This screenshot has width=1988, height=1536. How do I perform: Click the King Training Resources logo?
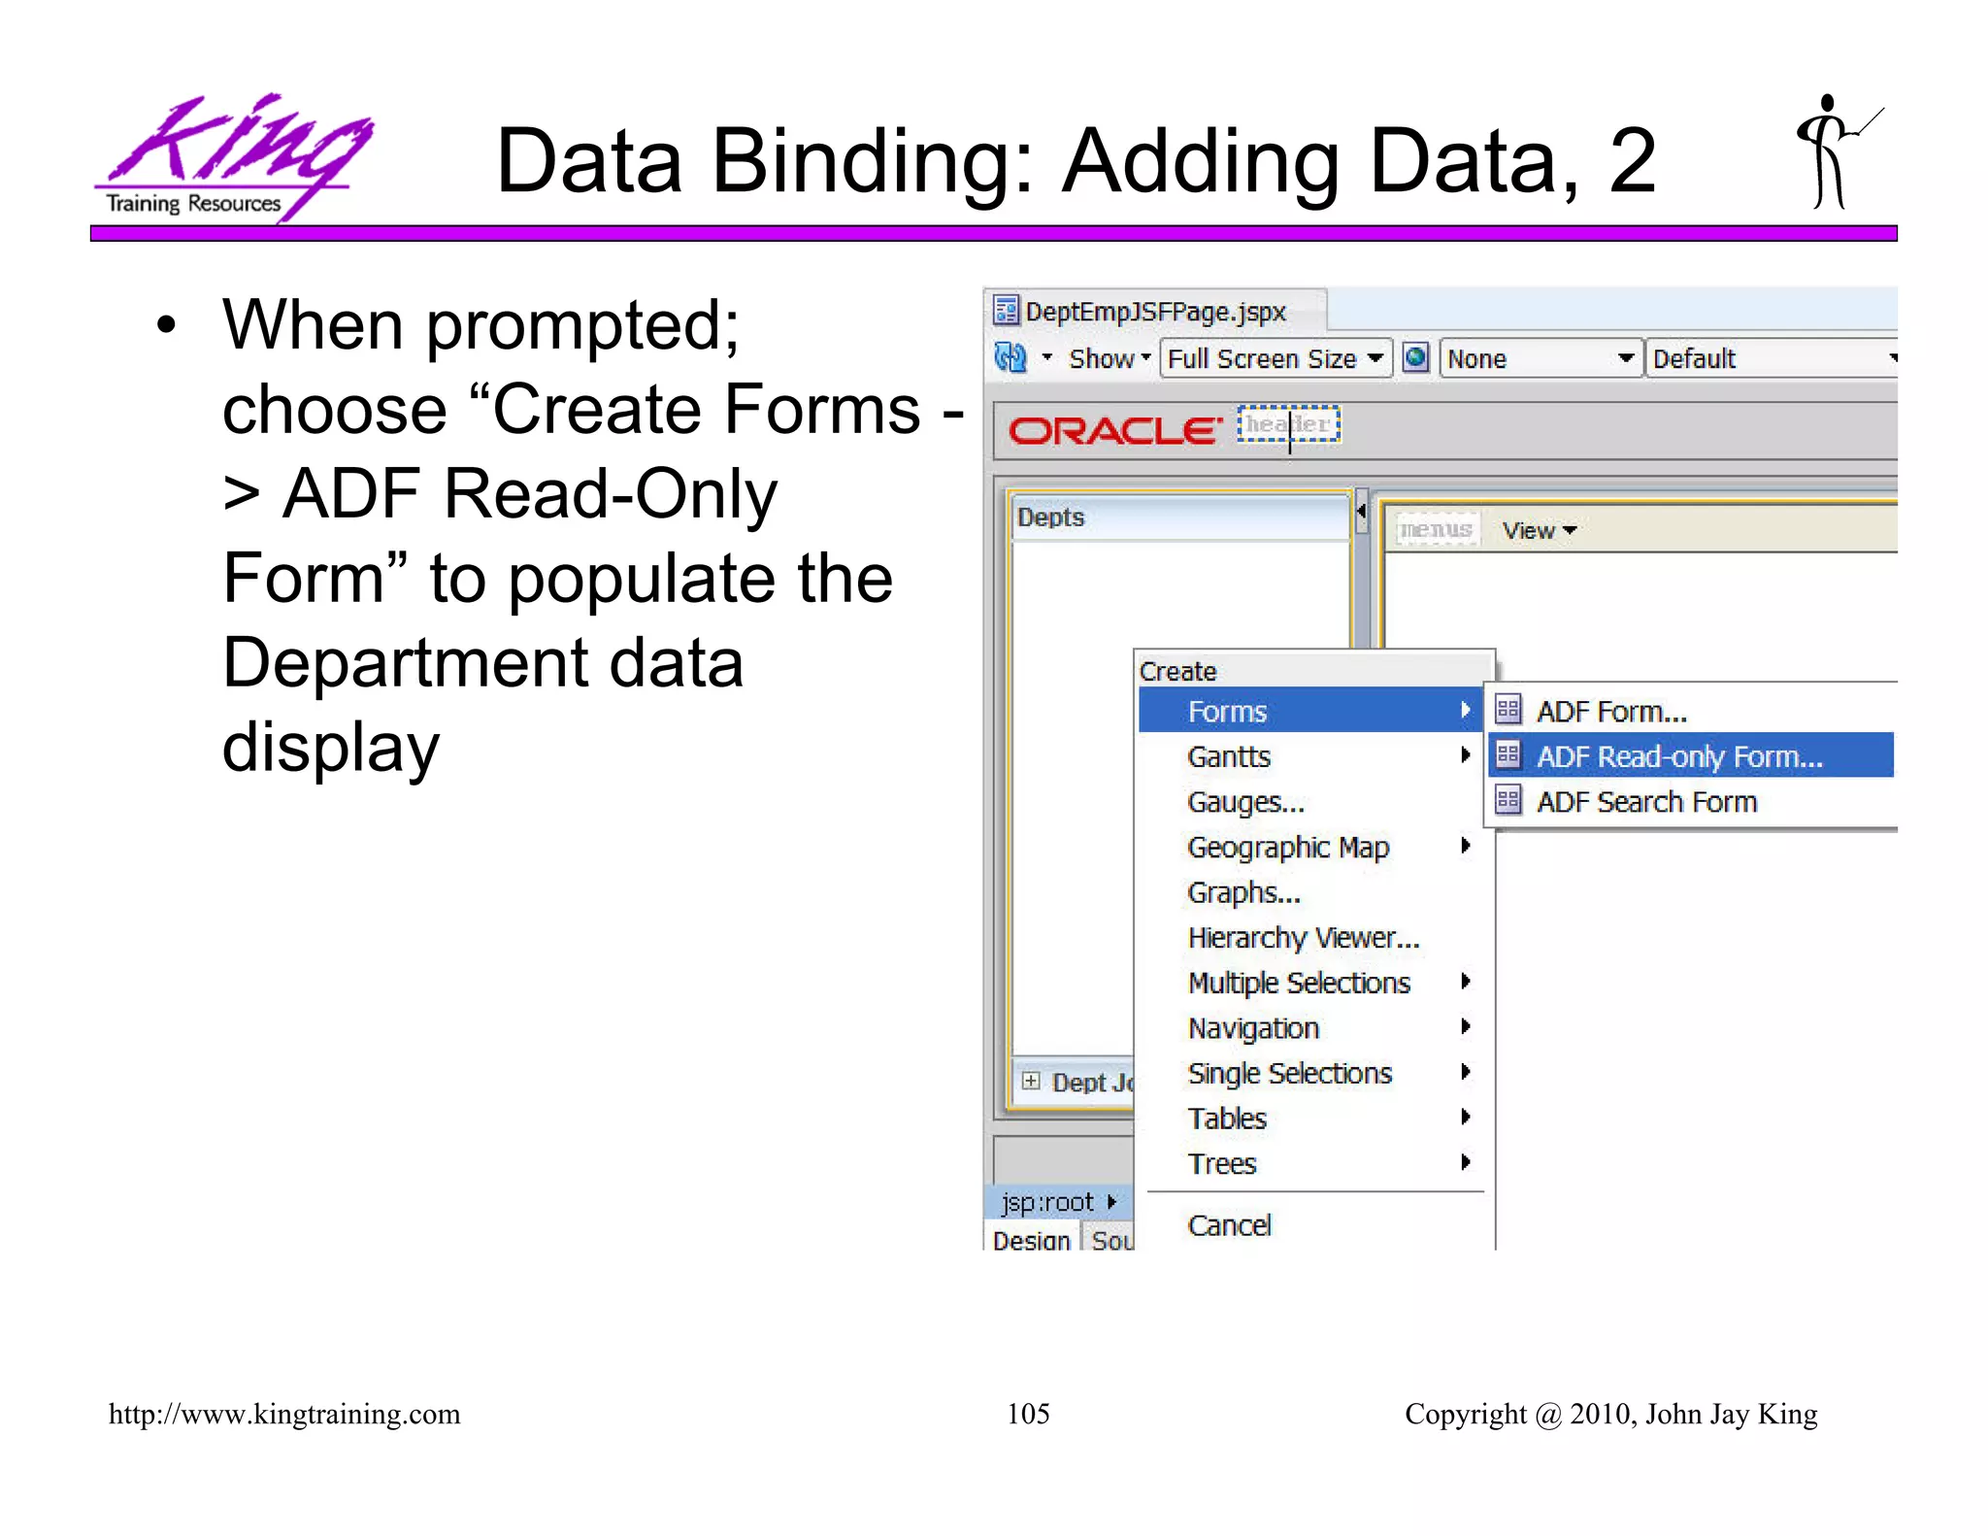tap(233, 155)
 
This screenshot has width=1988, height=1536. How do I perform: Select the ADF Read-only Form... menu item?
tap(1679, 756)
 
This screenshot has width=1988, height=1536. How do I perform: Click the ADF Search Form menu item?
tap(1646, 802)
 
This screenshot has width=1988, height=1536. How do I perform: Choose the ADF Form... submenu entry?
tap(1611, 712)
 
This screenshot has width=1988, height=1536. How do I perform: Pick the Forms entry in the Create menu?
tap(1227, 712)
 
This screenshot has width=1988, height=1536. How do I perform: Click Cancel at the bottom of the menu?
tap(1229, 1225)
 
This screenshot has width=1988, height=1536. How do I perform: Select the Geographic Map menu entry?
tap(1288, 848)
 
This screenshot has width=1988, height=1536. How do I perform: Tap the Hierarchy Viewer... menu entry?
tap(1303, 938)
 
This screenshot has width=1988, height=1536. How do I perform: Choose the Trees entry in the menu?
tap(1222, 1163)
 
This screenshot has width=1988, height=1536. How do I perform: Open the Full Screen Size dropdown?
tap(1276, 358)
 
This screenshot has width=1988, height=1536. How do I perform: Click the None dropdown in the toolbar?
tap(1540, 358)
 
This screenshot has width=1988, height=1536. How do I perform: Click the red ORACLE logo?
tap(1114, 430)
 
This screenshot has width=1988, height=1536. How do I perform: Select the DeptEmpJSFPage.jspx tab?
tap(1154, 312)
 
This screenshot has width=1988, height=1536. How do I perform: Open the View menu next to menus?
tap(1539, 530)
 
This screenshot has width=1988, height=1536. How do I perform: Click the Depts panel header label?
tap(1050, 518)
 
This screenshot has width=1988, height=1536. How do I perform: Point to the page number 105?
tap(1028, 1414)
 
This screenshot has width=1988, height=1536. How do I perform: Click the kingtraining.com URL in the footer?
tap(284, 1414)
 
